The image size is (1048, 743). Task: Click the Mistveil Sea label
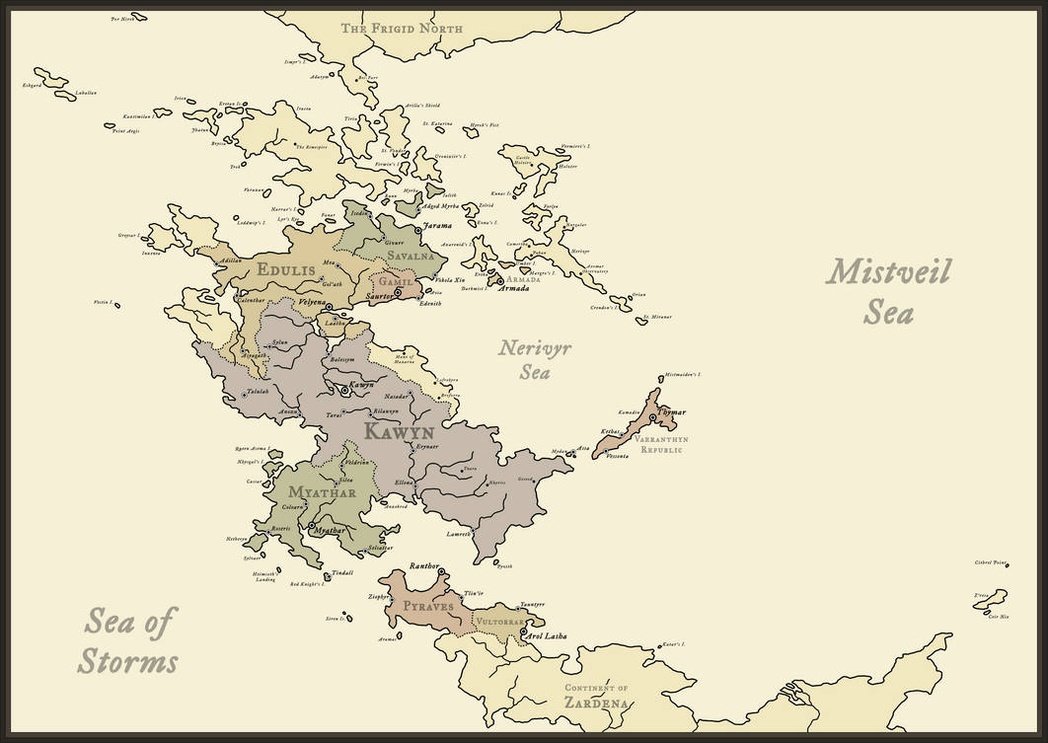[887, 291]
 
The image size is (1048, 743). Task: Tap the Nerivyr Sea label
[535, 360]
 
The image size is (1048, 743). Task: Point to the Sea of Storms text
[128, 641]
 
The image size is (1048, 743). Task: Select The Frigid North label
[402, 29]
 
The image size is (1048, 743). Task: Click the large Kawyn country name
[400, 432]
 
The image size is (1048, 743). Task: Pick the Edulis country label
[286, 269]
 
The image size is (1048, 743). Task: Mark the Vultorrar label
[504, 623]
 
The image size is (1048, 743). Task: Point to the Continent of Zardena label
[596, 696]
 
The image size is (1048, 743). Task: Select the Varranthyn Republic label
[661, 444]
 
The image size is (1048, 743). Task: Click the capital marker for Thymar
[653, 418]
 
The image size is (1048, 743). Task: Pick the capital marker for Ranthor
[441, 572]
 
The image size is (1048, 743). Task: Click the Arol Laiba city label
[549, 637]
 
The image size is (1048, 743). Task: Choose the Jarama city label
[437, 226]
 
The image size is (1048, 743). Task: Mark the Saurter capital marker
[398, 292]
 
